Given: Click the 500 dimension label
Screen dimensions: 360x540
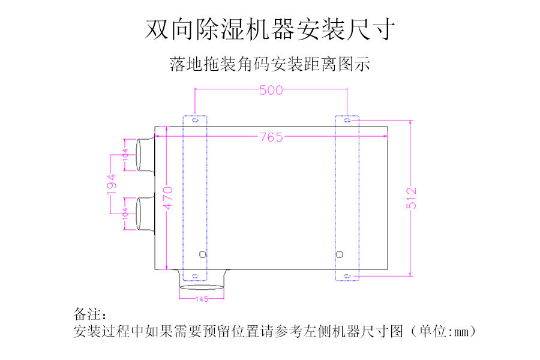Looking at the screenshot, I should [271, 91].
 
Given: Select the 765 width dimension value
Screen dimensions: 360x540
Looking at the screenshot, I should [271, 137].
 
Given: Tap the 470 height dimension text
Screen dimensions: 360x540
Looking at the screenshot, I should [168, 197].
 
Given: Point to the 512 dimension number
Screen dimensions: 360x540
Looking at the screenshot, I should [412, 198].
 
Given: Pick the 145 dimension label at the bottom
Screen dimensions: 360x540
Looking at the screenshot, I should [202, 298].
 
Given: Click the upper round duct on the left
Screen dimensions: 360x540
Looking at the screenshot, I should [144, 155].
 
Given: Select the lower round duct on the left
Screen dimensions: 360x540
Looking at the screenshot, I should [144, 214].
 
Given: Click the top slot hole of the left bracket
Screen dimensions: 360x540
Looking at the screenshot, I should [194, 120].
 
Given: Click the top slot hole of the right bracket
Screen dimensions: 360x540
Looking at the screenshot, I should [347, 120].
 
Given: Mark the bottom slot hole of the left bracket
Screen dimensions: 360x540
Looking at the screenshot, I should [194, 276].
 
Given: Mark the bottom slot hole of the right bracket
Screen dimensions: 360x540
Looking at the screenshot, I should [347, 276].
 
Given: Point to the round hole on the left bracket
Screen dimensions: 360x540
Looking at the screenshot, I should [202, 254].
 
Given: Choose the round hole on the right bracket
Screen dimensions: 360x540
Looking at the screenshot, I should [340, 254].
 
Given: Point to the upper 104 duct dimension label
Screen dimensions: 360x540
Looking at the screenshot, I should [125, 155].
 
